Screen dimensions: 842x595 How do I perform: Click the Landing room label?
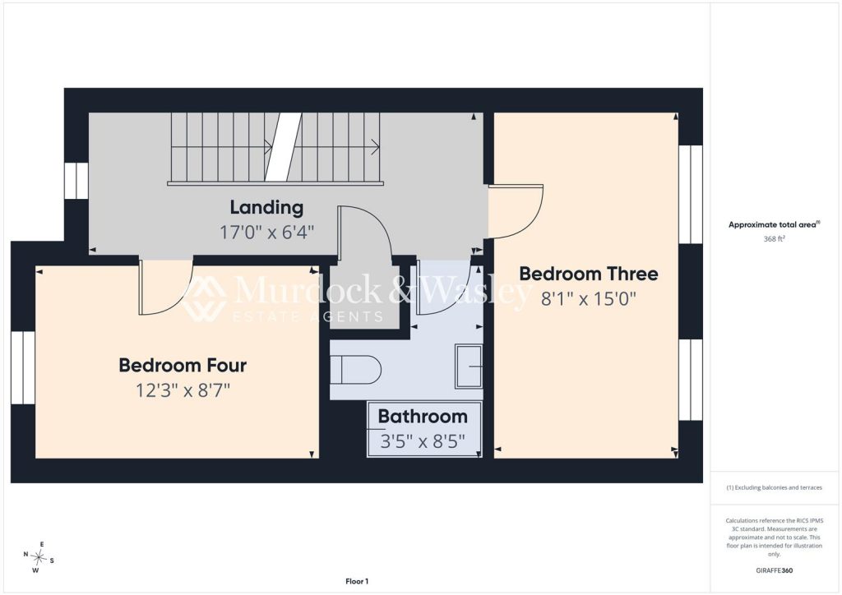click(x=266, y=207)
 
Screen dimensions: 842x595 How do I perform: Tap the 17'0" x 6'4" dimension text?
click(x=266, y=233)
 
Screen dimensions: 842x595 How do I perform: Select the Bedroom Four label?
click(x=183, y=365)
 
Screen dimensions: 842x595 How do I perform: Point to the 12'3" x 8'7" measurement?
click(x=183, y=390)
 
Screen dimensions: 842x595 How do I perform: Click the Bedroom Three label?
click(x=589, y=274)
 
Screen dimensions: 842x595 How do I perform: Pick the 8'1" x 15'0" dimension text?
click(x=589, y=298)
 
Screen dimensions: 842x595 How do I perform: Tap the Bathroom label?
click(x=423, y=417)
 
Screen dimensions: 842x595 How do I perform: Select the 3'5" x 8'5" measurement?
click(x=423, y=441)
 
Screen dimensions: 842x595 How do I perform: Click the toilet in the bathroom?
click(x=355, y=370)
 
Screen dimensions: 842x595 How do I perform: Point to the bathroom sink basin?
click(x=469, y=367)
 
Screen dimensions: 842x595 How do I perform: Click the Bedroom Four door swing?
click(x=165, y=287)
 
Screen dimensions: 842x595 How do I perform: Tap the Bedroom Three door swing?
click(x=516, y=211)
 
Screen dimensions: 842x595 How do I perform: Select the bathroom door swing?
click(x=444, y=287)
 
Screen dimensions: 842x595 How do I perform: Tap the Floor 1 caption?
click(x=357, y=581)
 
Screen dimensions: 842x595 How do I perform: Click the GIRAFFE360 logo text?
click(x=775, y=570)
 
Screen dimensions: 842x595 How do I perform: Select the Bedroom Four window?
click(x=23, y=367)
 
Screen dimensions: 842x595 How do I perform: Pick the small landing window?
click(x=76, y=180)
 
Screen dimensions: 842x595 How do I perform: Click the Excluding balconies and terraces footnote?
click(x=775, y=487)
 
